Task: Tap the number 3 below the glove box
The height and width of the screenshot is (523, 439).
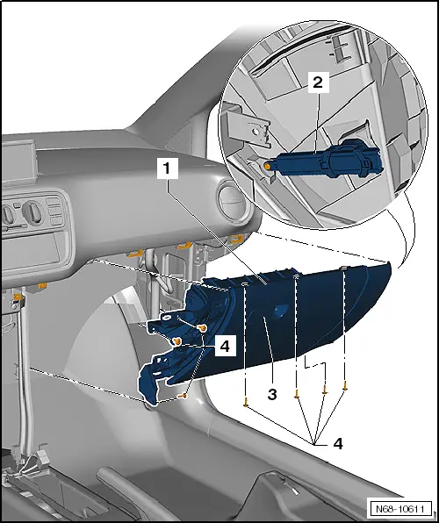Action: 272,396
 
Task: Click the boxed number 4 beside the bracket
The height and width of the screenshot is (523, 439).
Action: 224,346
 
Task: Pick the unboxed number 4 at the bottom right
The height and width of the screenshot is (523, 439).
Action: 337,443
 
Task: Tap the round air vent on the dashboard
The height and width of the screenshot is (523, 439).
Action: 239,201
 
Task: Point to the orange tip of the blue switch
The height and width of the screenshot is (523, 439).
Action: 266,164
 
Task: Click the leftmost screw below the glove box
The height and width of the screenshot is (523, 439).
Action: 246,405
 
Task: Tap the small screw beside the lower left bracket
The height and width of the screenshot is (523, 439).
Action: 184,396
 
